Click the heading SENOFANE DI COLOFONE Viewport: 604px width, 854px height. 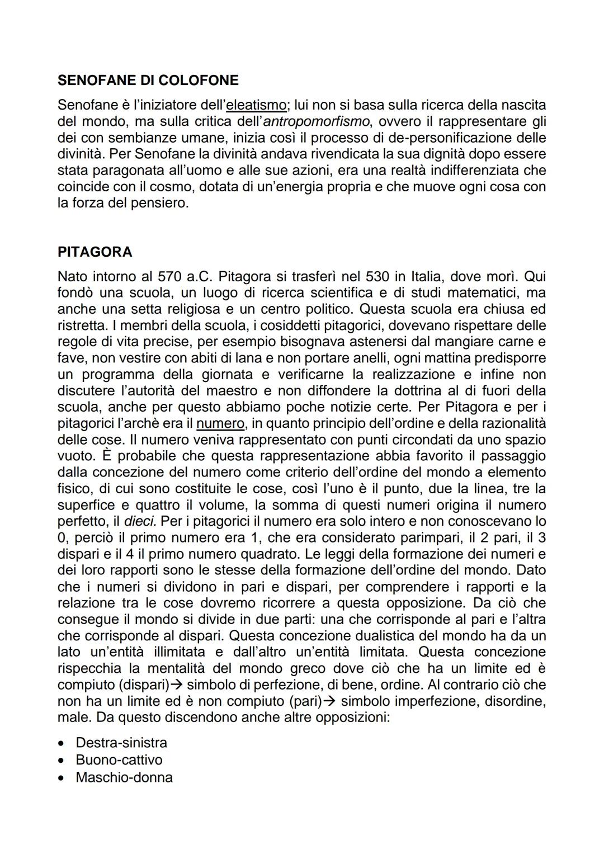[148, 81]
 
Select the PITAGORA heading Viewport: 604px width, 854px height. [95, 252]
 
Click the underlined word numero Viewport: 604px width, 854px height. [220, 423]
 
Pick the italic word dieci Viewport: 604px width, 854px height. [140, 521]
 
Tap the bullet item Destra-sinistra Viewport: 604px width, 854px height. [121, 743]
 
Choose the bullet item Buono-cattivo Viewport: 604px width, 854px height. [119, 760]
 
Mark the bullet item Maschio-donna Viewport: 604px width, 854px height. [124, 777]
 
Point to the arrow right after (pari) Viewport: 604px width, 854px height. [329, 701]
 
